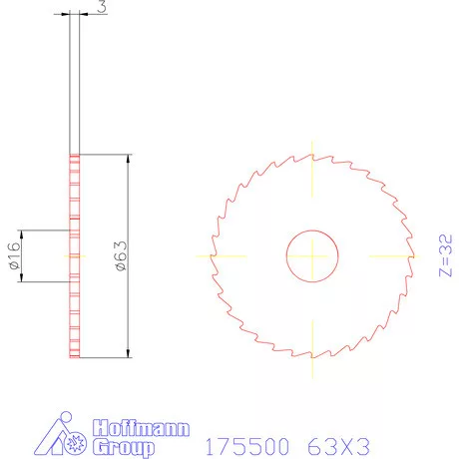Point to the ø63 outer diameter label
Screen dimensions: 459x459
coord(120,256)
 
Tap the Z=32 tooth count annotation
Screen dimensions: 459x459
coord(446,256)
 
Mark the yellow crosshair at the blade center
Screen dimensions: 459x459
coord(312,256)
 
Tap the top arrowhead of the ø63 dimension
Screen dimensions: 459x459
coord(129,161)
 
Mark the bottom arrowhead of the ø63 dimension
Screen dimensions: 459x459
coord(129,352)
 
